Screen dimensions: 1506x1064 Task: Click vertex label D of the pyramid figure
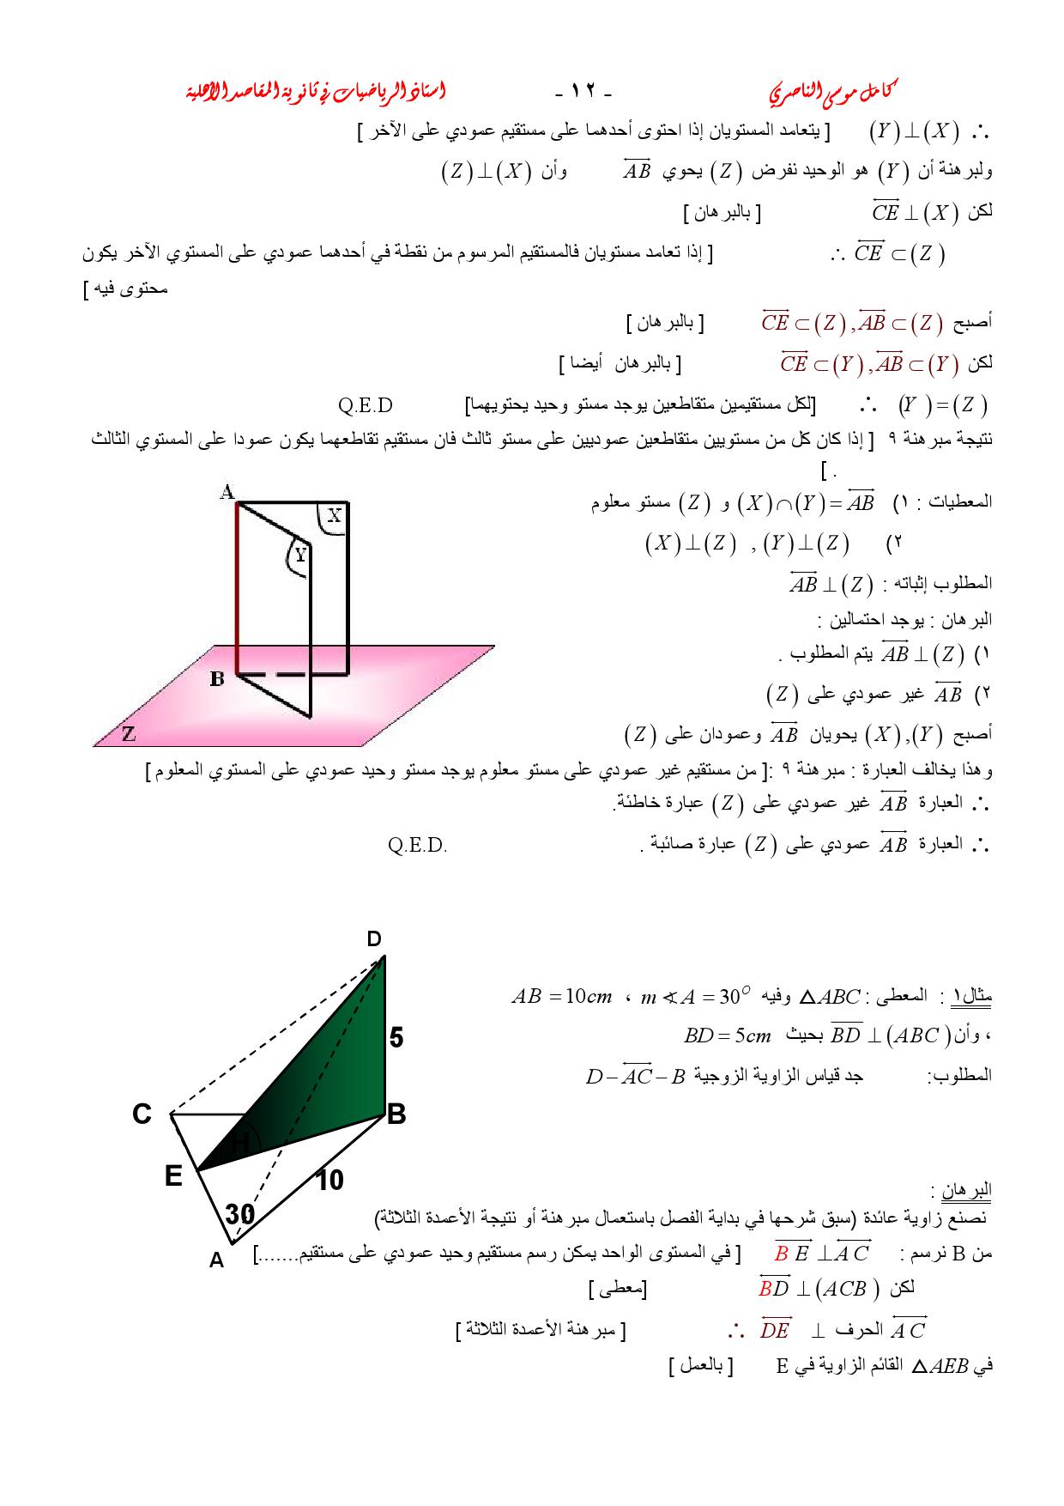point(374,939)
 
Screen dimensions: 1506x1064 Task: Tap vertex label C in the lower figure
point(142,1114)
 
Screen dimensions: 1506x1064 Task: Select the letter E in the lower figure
point(173,1175)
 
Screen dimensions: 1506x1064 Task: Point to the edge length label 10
point(329,1181)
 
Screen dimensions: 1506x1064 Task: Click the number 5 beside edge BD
point(396,1038)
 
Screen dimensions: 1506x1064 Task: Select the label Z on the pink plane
point(129,734)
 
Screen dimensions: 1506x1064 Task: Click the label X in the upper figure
point(335,515)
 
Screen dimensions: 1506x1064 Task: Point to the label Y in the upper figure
point(299,556)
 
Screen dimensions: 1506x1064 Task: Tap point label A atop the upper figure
point(227,492)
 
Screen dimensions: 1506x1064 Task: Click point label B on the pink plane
point(217,679)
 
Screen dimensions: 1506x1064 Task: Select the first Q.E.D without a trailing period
point(366,405)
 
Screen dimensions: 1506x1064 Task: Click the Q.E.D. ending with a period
point(417,846)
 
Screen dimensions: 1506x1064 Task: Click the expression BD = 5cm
point(728,1035)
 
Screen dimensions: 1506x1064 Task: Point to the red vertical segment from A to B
point(237,588)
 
